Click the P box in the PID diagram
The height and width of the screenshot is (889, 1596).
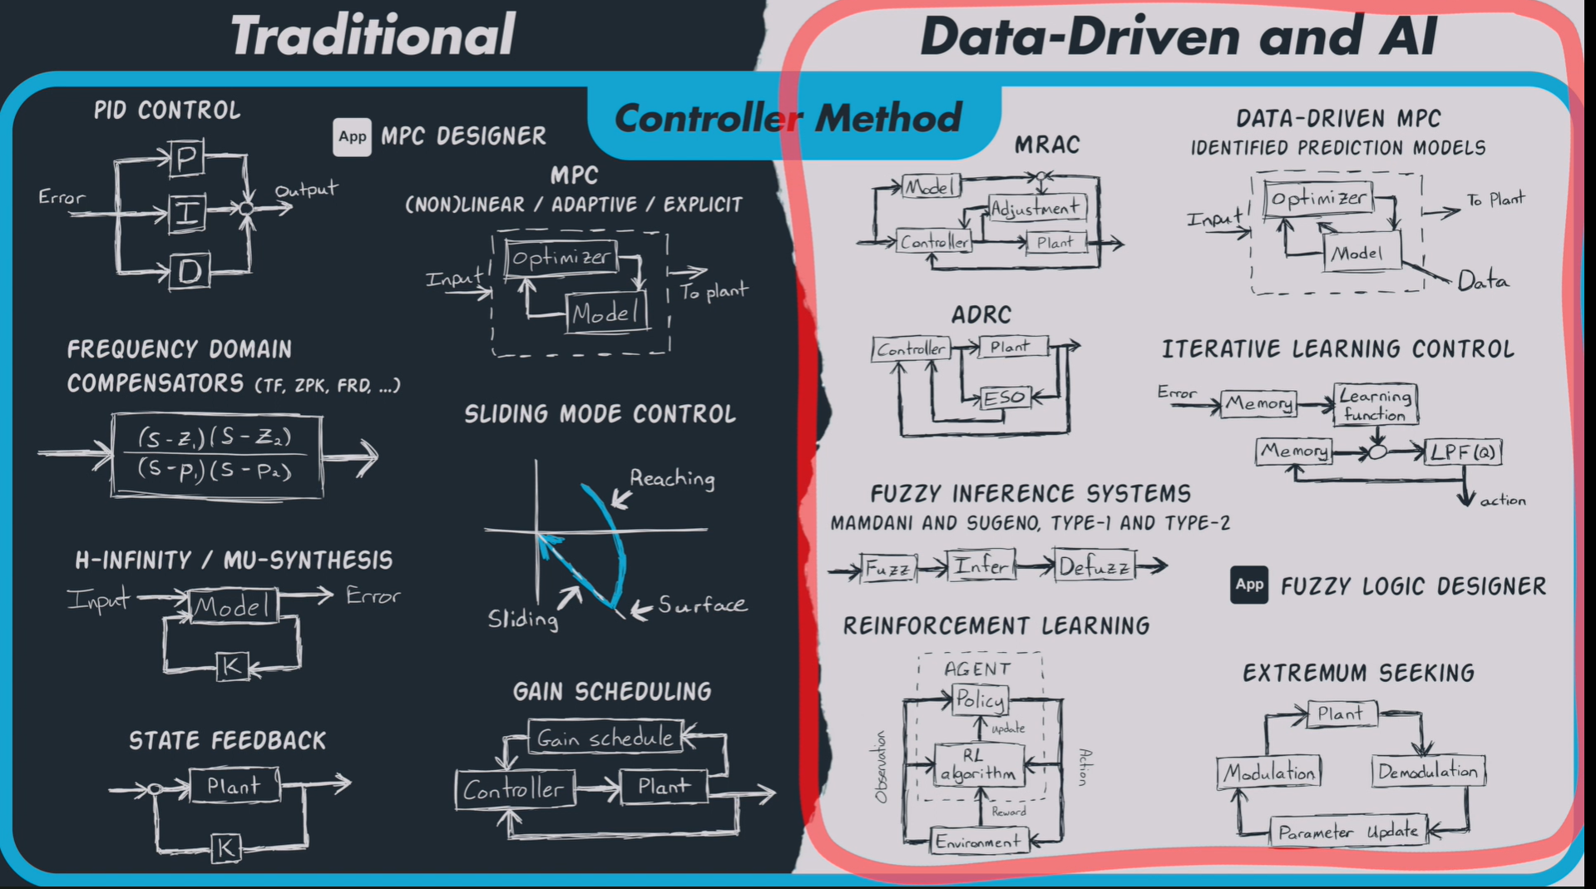tap(186, 158)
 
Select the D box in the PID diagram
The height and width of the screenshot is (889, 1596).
tap(190, 271)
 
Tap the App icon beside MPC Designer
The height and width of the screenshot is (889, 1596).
tap(352, 136)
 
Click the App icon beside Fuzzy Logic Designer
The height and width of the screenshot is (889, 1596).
tap(1248, 585)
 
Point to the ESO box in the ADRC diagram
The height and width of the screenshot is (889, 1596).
tap(1004, 398)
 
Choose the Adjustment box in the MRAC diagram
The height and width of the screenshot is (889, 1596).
tap(1036, 207)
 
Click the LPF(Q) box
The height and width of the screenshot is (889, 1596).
tap(1463, 452)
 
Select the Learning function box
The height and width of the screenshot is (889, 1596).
tap(1375, 405)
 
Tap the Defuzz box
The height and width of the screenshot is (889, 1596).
tap(1094, 566)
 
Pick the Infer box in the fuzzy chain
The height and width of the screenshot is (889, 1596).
tap(981, 566)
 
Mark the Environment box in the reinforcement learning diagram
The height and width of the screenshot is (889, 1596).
tap(978, 842)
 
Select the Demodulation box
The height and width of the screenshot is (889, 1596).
tap(1427, 772)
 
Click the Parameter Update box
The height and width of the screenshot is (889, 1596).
tap(1347, 832)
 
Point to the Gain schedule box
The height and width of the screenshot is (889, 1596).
tap(605, 738)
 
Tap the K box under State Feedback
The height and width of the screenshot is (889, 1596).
tap(225, 847)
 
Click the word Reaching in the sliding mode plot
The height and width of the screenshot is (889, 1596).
tap(672, 478)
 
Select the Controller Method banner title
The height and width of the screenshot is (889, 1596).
tap(788, 117)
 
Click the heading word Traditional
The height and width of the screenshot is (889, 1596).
tap(373, 36)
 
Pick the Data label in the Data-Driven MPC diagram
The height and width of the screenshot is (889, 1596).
tap(1483, 281)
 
